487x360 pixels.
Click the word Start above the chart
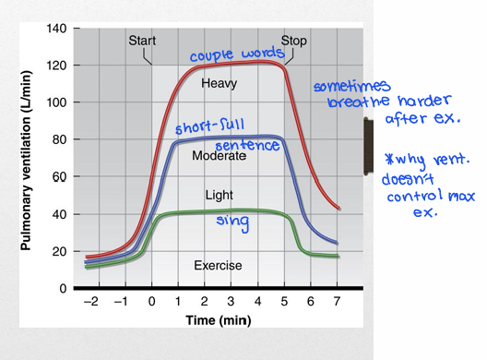tap(142, 41)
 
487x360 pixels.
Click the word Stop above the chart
tap(293, 41)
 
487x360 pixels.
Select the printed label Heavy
tap(219, 83)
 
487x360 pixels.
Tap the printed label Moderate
tap(219, 156)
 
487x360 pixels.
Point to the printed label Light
tap(219, 195)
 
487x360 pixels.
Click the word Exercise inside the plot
tap(218, 266)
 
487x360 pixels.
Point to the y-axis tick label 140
tap(56, 29)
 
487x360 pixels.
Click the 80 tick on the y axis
tap(59, 140)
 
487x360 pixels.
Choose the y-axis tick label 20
tap(59, 251)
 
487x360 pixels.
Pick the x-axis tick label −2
tap(89, 303)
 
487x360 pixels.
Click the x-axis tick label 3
tap(232, 303)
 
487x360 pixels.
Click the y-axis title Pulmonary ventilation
tap(24, 159)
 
